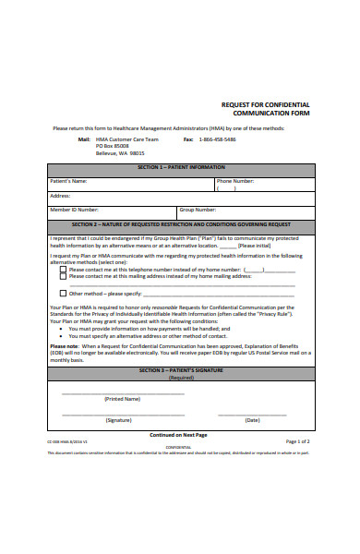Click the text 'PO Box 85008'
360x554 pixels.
click(x=115, y=146)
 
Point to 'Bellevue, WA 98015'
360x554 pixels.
click(x=122, y=153)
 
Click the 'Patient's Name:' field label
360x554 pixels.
click(x=69, y=181)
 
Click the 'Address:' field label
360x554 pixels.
click(x=60, y=196)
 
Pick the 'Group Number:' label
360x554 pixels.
click(x=198, y=210)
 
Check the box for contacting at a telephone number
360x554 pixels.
click(x=63, y=269)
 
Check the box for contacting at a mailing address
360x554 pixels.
click(x=63, y=276)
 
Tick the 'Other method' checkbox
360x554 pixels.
click(x=63, y=293)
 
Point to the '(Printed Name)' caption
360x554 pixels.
click(x=122, y=399)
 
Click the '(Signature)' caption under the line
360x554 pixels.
click(x=118, y=420)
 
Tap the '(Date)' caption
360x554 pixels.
click(x=252, y=420)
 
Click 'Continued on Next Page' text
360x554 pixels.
click(x=178, y=434)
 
